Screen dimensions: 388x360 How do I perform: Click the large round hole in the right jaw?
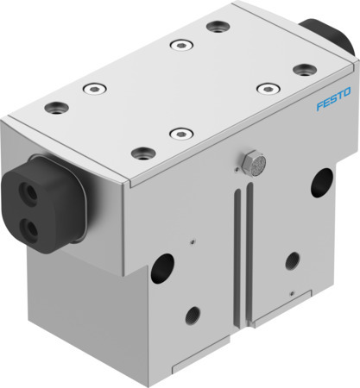point(322,180)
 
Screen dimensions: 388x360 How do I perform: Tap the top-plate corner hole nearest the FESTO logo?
point(300,69)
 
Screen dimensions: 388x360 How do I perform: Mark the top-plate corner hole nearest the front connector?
point(59,108)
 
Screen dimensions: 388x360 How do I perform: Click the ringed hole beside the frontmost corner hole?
point(179,133)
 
